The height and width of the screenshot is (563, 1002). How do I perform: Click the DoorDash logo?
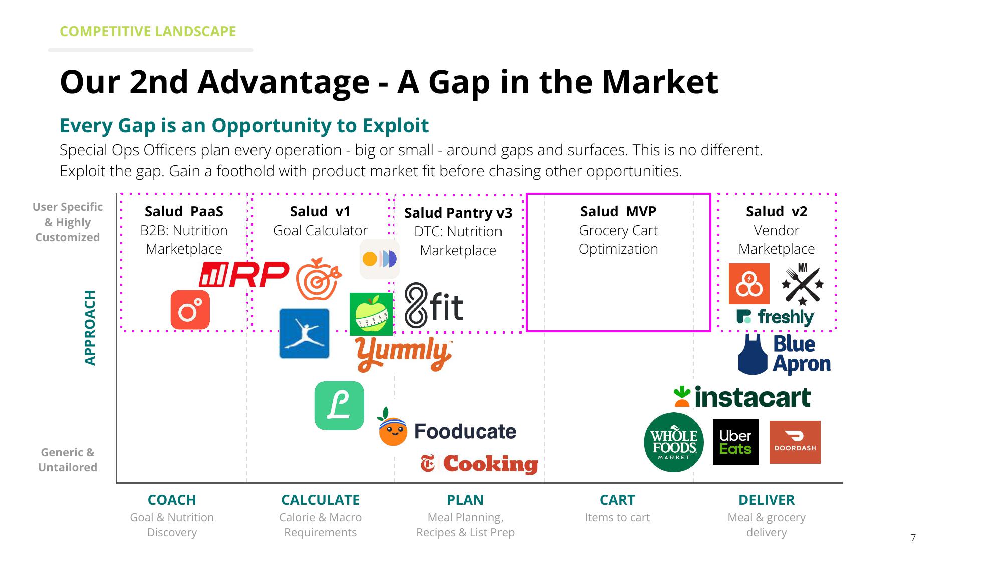click(x=795, y=442)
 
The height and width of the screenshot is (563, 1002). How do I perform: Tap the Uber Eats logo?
click(x=735, y=442)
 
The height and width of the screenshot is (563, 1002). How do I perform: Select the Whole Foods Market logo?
click(x=674, y=442)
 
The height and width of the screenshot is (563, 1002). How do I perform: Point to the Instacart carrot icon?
click(x=682, y=396)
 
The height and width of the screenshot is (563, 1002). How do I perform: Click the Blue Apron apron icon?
click(x=753, y=355)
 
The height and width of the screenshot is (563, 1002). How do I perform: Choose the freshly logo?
click(x=775, y=317)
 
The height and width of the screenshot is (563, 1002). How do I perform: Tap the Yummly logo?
click(x=404, y=354)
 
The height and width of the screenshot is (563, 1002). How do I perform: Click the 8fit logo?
click(x=434, y=305)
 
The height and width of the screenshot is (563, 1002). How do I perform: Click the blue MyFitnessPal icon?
click(x=304, y=333)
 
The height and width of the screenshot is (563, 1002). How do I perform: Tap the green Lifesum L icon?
click(x=339, y=405)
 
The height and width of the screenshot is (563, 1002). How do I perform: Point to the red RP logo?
click(x=244, y=274)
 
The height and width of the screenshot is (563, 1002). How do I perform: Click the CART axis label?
click(x=617, y=500)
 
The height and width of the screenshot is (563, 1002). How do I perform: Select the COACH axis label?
click(x=172, y=500)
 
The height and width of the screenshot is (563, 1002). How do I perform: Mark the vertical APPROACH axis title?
click(x=90, y=328)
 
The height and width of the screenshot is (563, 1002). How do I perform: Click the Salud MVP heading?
click(x=618, y=211)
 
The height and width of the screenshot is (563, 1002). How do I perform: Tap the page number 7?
click(x=913, y=538)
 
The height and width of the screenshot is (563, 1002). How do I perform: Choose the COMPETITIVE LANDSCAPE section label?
click(x=148, y=31)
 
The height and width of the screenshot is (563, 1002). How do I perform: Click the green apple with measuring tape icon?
click(x=371, y=314)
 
